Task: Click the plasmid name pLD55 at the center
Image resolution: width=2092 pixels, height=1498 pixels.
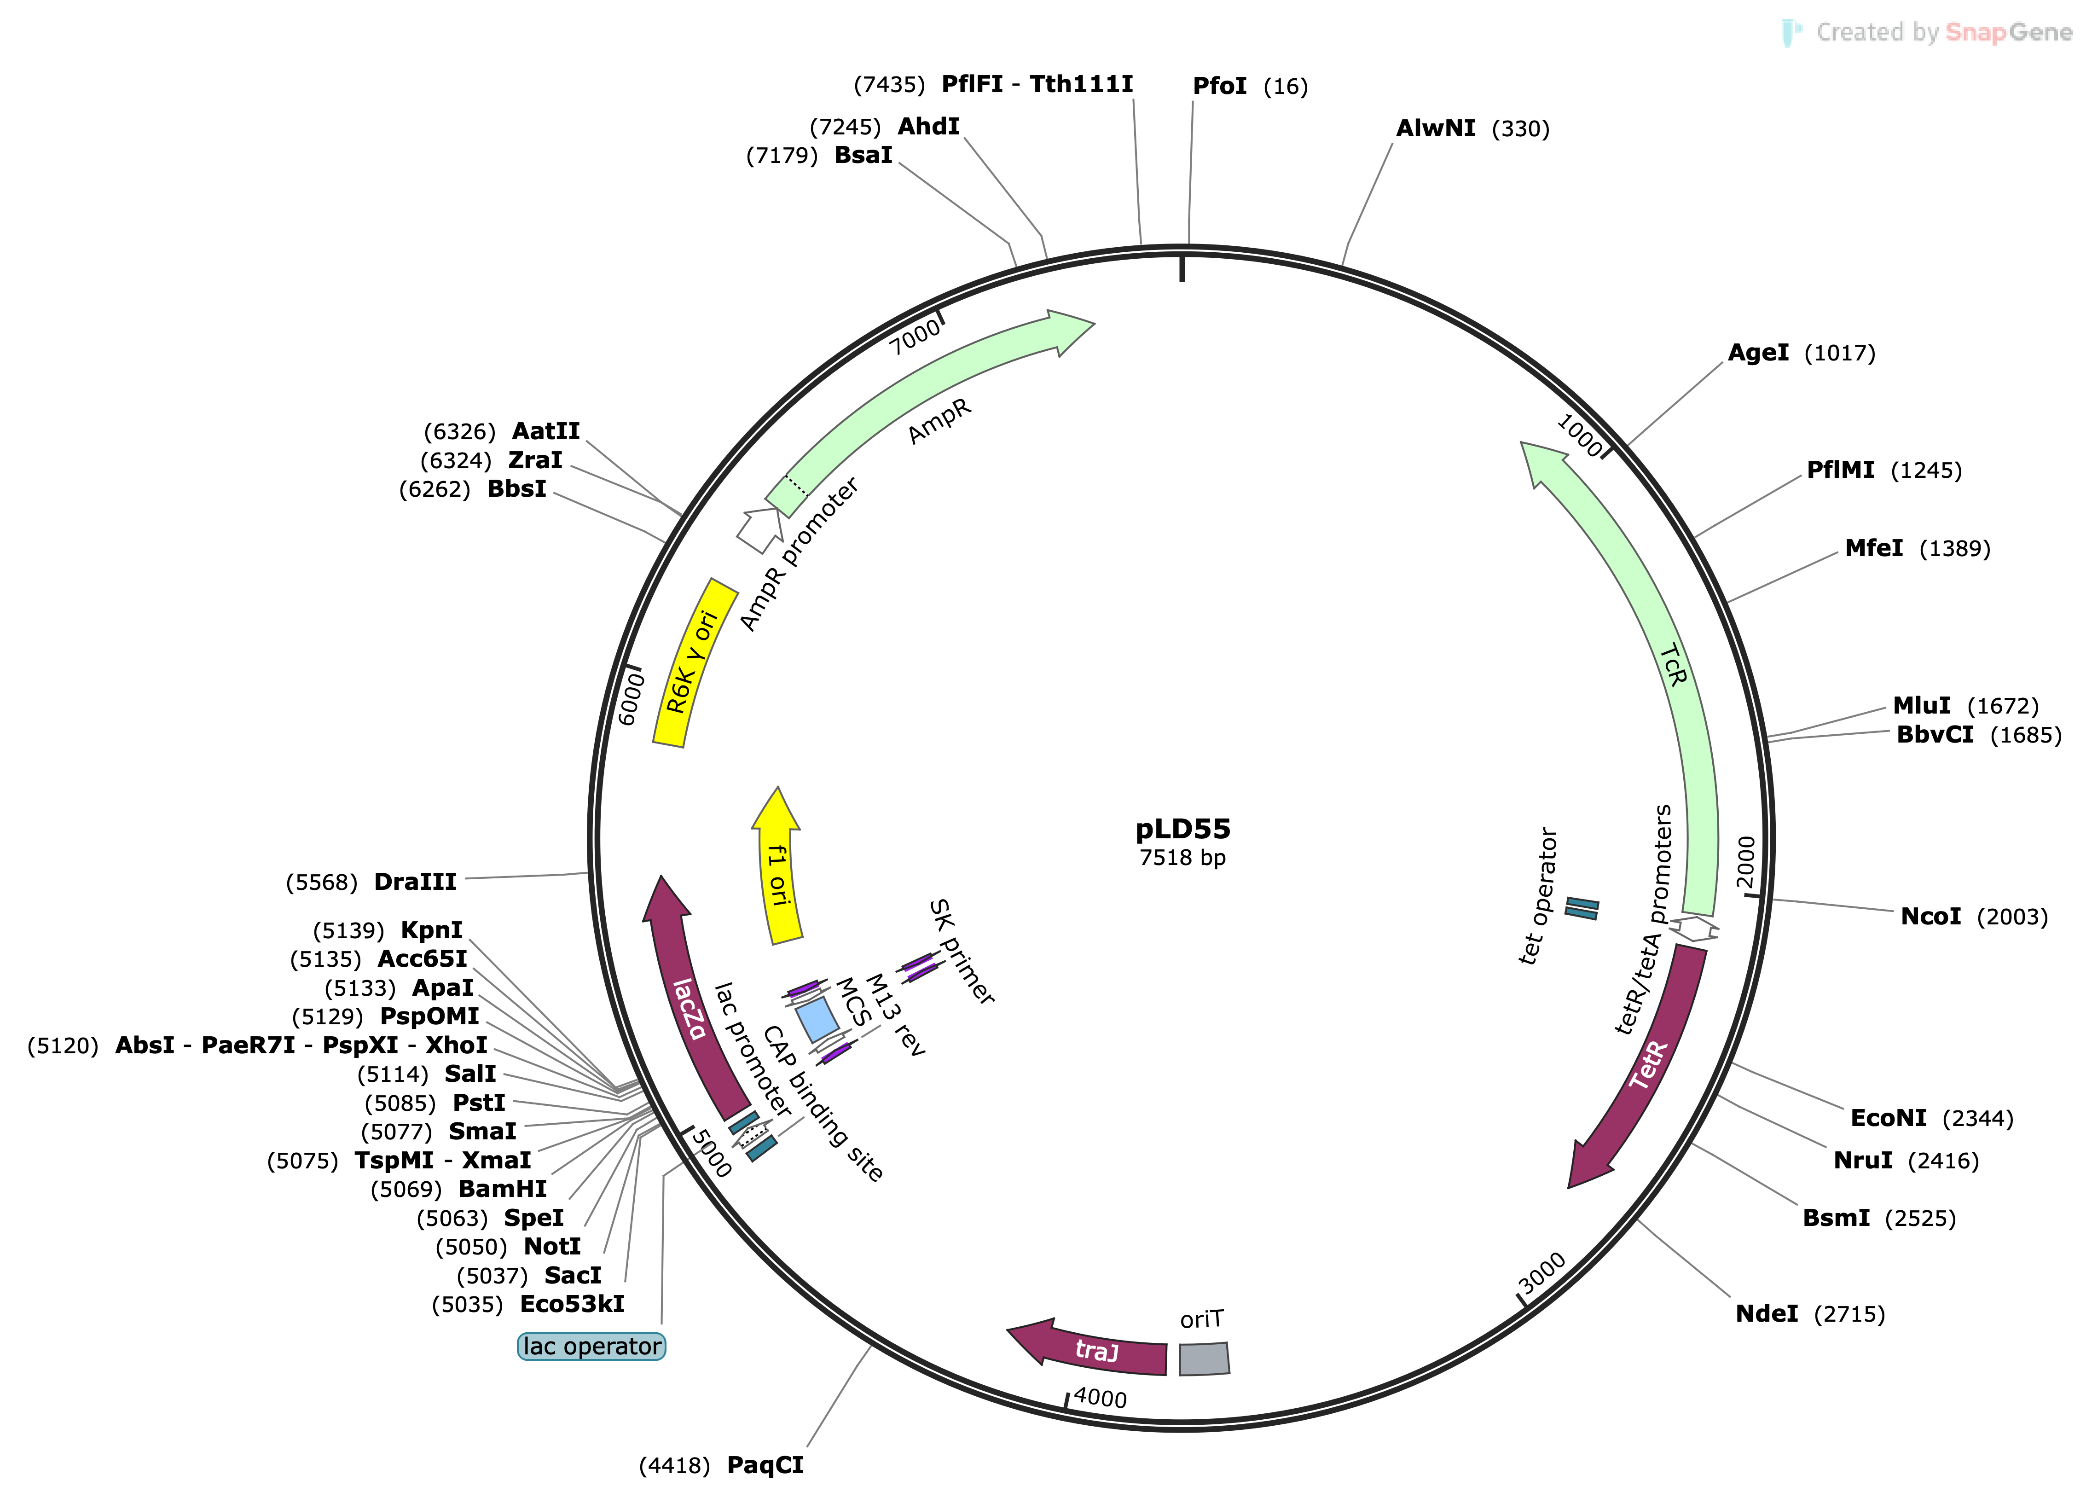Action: (x=1182, y=829)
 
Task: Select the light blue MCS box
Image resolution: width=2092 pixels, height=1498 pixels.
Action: (x=817, y=1019)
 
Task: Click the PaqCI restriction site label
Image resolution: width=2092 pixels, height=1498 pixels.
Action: (x=765, y=1465)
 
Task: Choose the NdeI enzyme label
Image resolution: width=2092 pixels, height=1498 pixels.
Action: (x=1766, y=1313)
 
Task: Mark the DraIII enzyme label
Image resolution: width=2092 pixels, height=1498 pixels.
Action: (x=415, y=882)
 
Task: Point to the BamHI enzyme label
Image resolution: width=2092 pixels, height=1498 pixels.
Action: (x=503, y=1189)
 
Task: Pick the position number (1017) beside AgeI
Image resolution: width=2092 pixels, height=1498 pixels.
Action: (x=1839, y=353)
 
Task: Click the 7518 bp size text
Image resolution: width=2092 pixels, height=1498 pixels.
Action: (x=1182, y=858)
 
